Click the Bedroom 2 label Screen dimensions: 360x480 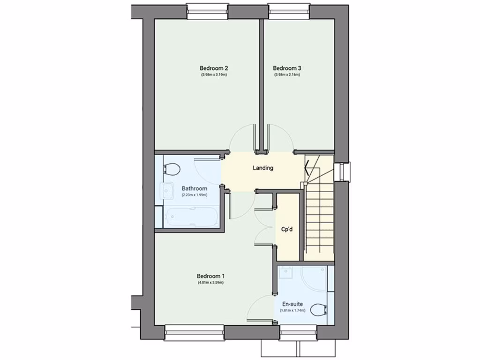coord(214,68)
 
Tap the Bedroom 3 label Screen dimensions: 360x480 coord(287,68)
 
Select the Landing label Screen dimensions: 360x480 coord(262,168)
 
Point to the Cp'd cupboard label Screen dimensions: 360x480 coord(287,230)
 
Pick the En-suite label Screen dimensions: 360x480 coord(292,304)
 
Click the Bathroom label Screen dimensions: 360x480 coord(195,188)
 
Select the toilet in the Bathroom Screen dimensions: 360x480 coord(172,169)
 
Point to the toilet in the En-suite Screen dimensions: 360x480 coord(320,309)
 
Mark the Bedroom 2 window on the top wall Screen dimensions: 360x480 coord(207,11)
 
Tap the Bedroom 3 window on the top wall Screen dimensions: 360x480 coord(289,11)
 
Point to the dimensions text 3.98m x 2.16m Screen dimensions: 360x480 coord(287,75)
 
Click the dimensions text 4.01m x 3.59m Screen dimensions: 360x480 coord(210,283)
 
